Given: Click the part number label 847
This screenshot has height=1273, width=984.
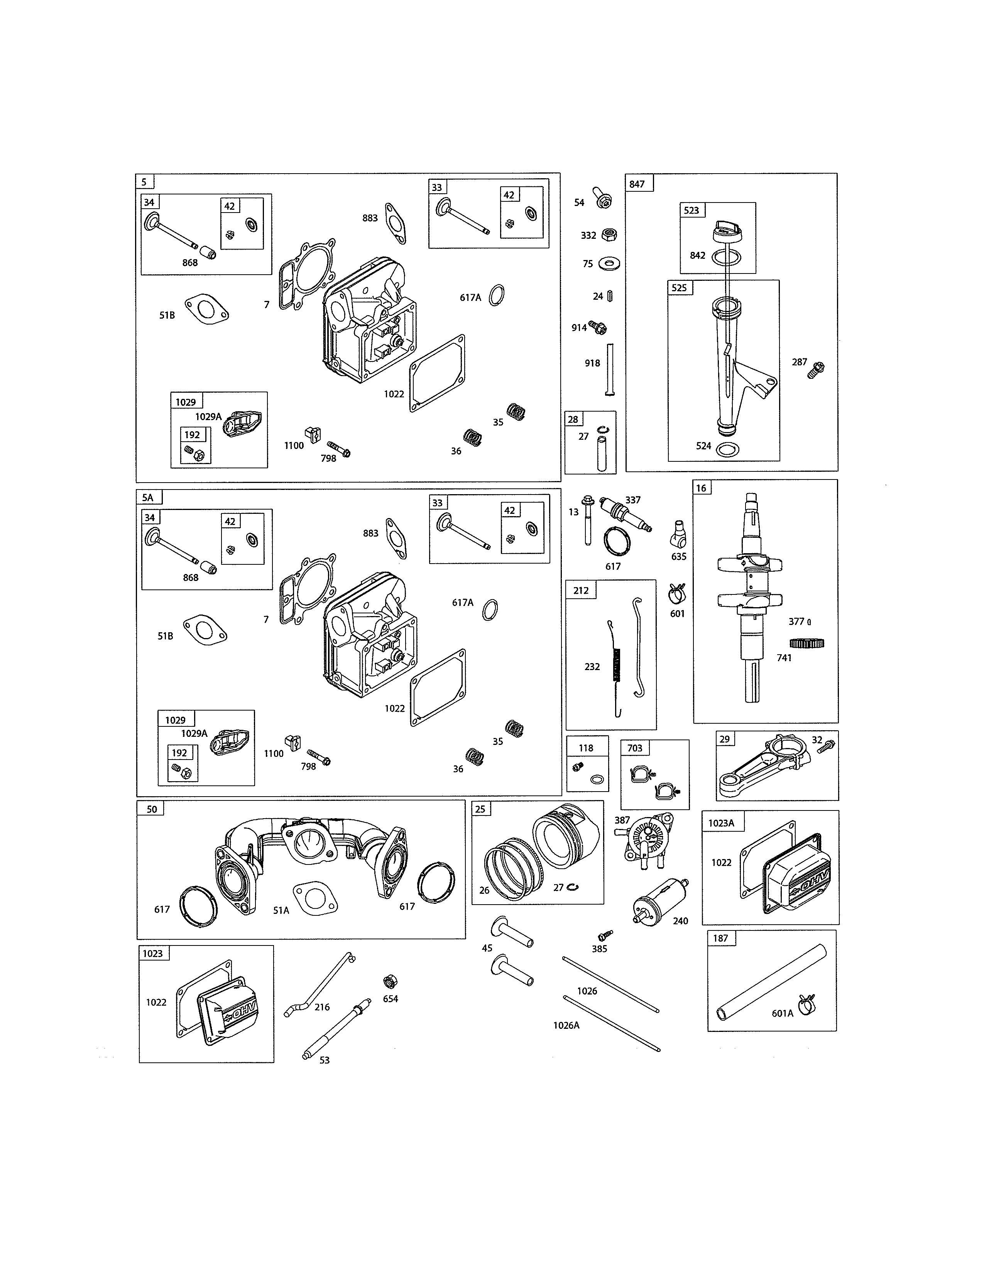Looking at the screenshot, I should click(x=637, y=184).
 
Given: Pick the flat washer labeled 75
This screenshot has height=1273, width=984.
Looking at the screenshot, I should click(x=609, y=263).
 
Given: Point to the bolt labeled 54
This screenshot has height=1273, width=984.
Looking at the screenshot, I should click(x=602, y=198).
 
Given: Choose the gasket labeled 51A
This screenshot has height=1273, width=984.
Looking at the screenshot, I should click(x=315, y=898).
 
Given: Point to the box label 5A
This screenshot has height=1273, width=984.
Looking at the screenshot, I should click(x=148, y=497).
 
